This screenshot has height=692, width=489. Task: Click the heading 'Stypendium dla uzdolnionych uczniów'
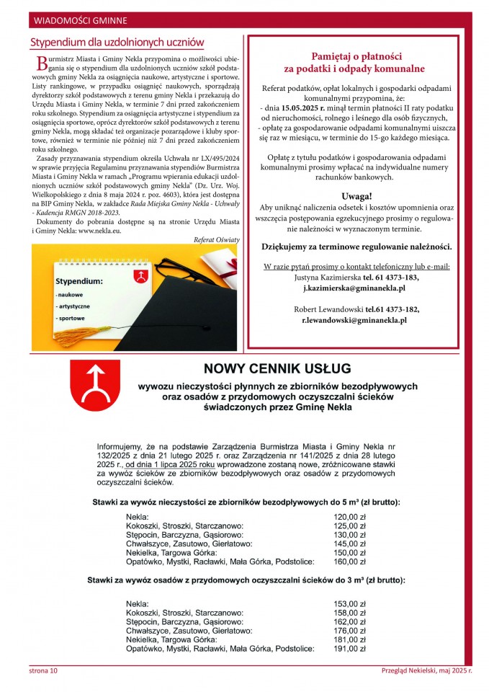117,43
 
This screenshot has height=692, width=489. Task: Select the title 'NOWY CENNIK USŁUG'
277,369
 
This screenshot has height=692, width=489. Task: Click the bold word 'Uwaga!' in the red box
356,196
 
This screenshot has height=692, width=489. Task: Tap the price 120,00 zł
349,517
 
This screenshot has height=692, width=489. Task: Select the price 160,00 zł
349,561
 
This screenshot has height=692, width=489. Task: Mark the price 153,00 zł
349,603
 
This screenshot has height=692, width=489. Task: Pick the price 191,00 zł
349,648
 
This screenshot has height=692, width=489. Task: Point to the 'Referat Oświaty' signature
217,239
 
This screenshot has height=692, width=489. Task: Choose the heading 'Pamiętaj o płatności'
356,56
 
